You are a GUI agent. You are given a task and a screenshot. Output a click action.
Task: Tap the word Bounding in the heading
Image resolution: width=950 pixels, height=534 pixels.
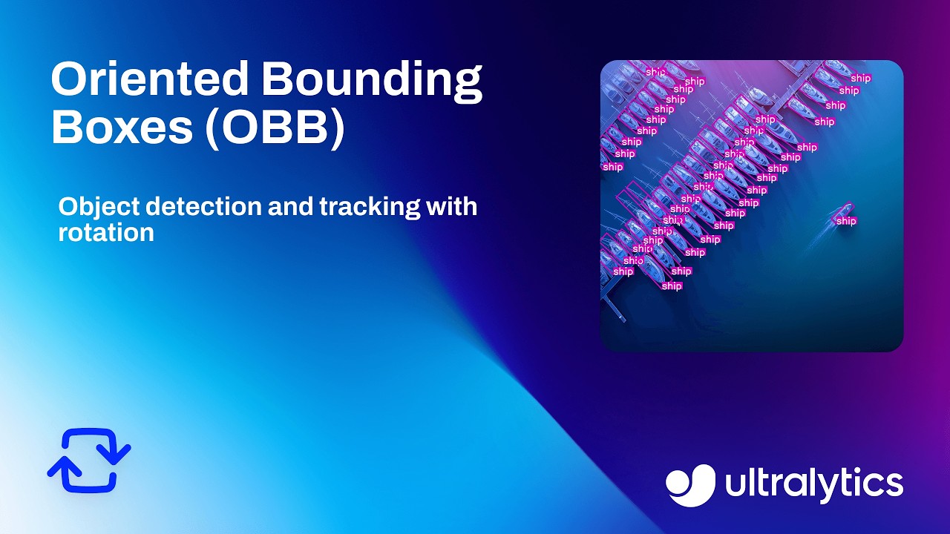click(x=372, y=80)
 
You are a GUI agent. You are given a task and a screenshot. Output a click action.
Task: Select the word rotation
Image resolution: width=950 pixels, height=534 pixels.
click(x=106, y=232)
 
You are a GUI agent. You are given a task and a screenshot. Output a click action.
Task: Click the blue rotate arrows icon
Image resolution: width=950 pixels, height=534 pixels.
click(x=89, y=460)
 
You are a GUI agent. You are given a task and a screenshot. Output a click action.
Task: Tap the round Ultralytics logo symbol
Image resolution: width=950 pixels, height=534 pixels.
click(x=690, y=485)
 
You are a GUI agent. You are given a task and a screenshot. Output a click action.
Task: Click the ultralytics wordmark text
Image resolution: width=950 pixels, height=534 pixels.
click(x=813, y=484)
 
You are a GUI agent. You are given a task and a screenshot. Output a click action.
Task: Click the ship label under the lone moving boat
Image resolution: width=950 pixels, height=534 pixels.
click(x=846, y=221)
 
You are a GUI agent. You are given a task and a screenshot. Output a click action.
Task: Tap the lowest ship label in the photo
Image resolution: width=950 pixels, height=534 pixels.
click(x=672, y=286)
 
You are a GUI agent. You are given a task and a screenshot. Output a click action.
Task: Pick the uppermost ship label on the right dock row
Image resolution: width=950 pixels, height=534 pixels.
click(x=860, y=78)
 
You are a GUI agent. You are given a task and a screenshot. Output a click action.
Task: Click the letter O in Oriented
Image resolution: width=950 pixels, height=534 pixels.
click(x=67, y=80)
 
